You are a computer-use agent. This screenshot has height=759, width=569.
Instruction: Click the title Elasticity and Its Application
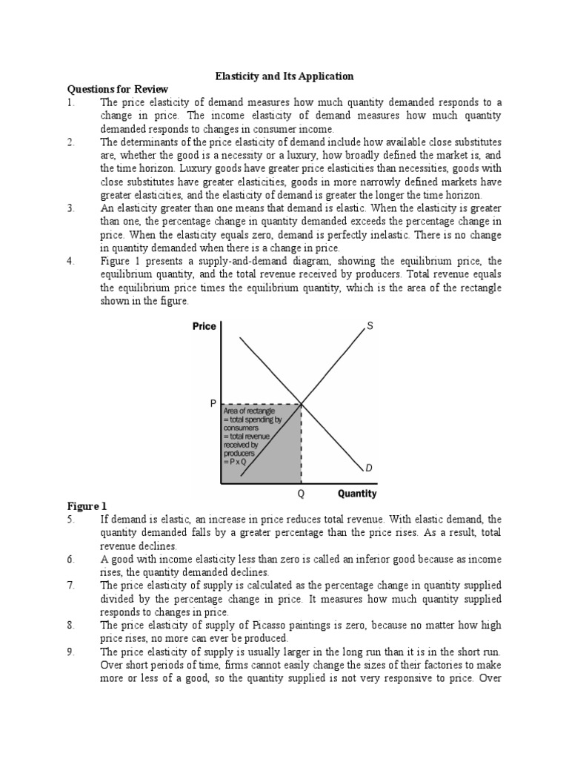pos(284,76)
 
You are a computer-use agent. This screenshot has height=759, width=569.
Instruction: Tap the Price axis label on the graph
pos(204,325)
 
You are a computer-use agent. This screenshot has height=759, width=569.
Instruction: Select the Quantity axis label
pos(356,493)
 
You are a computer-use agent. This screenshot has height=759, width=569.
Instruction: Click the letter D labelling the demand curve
pos(369,468)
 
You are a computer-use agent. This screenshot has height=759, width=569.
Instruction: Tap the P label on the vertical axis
pos(213,404)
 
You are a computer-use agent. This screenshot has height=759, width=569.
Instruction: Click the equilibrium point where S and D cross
pos(302,404)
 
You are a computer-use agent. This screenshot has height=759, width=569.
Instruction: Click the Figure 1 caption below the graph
pos(83,506)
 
